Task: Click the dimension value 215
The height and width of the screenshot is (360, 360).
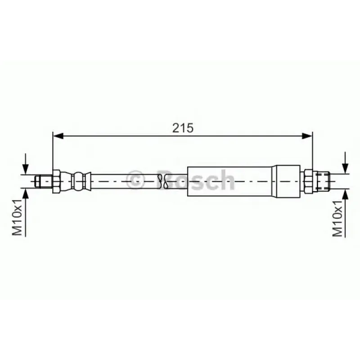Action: [x=183, y=128]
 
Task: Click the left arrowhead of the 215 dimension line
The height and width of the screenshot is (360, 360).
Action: [x=58, y=136]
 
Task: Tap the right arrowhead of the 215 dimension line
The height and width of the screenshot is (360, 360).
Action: [x=307, y=136]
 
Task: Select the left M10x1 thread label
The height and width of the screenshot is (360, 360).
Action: [x=17, y=217]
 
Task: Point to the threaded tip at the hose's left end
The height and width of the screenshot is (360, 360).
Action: [x=43, y=181]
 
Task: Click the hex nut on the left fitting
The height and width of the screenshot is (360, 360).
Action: [x=57, y=181]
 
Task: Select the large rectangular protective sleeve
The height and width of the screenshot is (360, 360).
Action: [x=229, y=181]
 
